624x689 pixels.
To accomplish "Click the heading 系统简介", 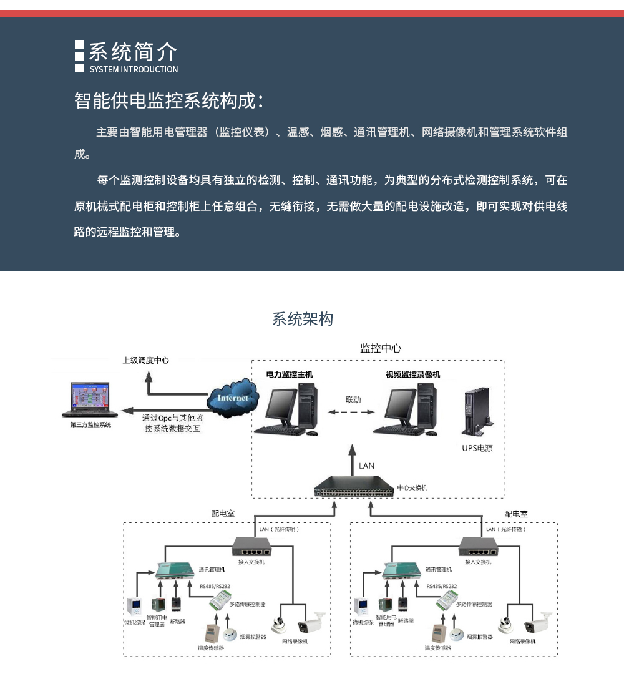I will point(133,51).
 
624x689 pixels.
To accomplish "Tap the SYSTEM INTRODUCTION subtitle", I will point(134,69).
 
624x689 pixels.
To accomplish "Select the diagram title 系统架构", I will point(303,320).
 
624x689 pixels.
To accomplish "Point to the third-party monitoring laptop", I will point(90,401).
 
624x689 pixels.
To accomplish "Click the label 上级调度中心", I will point(145,360).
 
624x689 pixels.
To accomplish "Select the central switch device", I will point(354,486).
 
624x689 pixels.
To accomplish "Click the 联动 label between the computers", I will point(353,399).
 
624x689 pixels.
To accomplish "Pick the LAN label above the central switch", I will point(367,466).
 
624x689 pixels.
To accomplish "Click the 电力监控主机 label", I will point(290,374).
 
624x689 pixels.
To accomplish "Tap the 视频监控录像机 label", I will point(412,374).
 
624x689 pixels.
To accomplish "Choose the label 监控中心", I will point(381,348).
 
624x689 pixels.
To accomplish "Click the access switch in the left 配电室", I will point(252,546).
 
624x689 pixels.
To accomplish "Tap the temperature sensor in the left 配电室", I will point(210,632).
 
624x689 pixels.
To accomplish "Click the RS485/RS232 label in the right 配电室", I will point(442,587).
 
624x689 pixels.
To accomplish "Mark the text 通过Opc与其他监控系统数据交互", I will point(173,423).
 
